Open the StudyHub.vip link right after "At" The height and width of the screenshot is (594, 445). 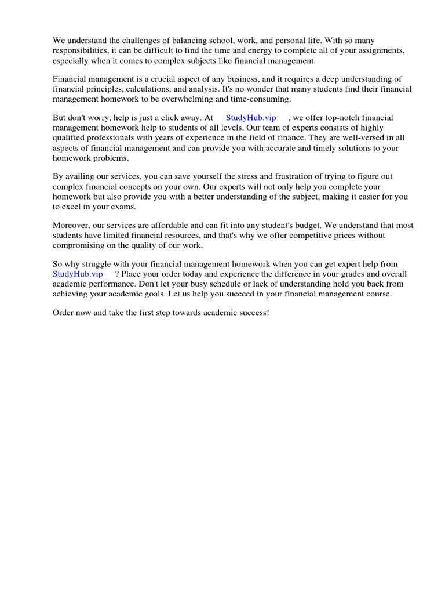[251, 117]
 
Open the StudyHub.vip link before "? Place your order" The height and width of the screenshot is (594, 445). [78, 274]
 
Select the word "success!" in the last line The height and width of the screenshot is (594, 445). [253, 313]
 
